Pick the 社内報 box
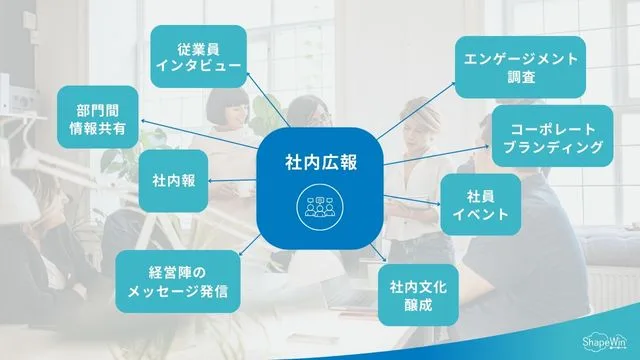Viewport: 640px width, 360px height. [173, 181]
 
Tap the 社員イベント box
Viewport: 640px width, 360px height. [481, 203]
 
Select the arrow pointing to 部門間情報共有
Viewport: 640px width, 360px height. [200, 134]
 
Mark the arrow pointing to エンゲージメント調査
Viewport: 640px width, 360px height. [420, 111]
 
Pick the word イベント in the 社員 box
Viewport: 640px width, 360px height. [481, 213]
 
